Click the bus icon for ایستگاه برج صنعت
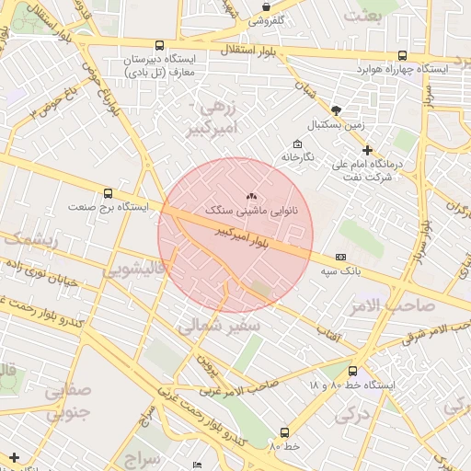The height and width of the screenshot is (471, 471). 109,194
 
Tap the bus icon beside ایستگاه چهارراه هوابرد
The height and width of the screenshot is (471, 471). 402,54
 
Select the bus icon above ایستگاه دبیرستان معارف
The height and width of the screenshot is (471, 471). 160,44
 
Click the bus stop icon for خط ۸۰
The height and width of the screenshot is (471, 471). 284,431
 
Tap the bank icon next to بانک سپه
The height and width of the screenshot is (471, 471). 341,257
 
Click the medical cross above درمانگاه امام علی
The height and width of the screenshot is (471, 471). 367,150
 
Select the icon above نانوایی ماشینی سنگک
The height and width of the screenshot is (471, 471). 252,196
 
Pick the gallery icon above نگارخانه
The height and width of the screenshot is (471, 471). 297,144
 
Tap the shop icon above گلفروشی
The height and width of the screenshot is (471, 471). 266,6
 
